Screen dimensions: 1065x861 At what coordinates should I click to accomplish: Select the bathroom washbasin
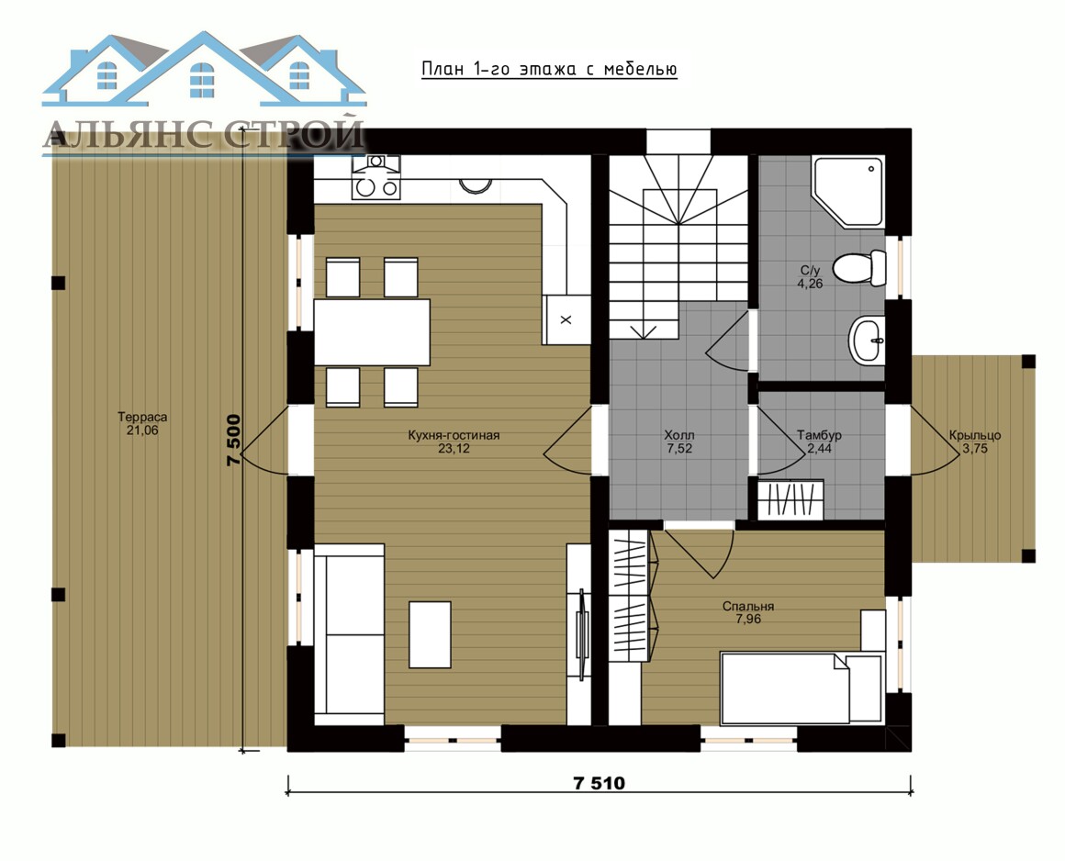[x=868, y=339]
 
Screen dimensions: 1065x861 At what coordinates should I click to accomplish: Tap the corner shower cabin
[x=848, y=192]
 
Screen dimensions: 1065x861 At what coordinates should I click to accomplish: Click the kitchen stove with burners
[x=376, y=177]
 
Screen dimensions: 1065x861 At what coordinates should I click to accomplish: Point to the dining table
[x=372, y=332]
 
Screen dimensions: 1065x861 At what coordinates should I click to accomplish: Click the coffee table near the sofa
[x=430, y=634]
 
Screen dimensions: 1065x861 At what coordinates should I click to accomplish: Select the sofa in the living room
[x=349, y=634]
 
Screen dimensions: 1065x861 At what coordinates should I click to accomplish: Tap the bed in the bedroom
[x=802, y=688]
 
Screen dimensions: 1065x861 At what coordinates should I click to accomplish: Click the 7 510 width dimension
[x=599, y=784]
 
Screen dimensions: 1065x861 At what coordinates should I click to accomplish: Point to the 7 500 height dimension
[x=233, y=440]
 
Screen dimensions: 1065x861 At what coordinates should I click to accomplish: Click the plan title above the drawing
[x=549, y=69]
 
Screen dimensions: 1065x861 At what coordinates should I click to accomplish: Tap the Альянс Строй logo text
[x=204, y=134]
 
